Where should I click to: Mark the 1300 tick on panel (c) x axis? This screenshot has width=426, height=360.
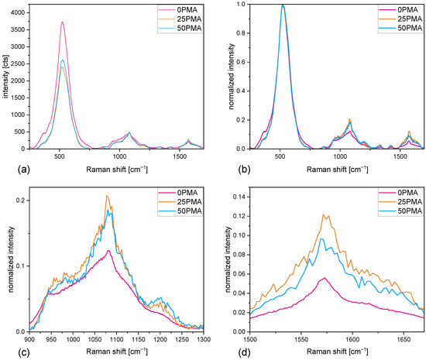click(204, 339)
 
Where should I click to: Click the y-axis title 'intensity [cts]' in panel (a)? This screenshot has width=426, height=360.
click(5, 77)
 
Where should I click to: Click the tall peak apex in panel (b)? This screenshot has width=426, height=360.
click(283, 5)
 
